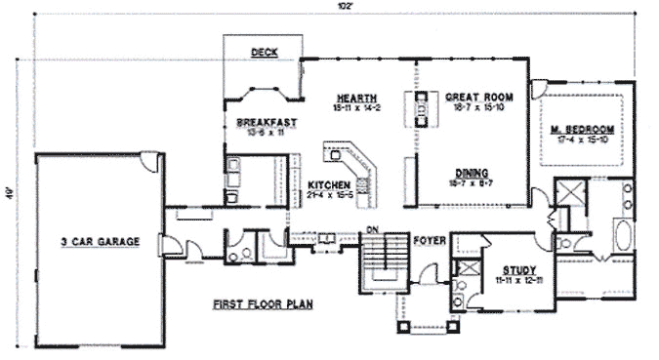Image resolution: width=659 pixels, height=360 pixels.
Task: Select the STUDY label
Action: [x=513, y=268]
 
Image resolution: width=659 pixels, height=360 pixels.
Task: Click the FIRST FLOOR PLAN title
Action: [x=262, y=305]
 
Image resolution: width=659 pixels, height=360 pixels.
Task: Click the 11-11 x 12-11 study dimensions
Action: [x=513, y=280]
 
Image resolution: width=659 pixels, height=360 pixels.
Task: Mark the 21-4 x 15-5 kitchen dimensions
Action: [x=328, y=195]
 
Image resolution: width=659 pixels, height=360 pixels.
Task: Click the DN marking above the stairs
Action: [x=372, y=230]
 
